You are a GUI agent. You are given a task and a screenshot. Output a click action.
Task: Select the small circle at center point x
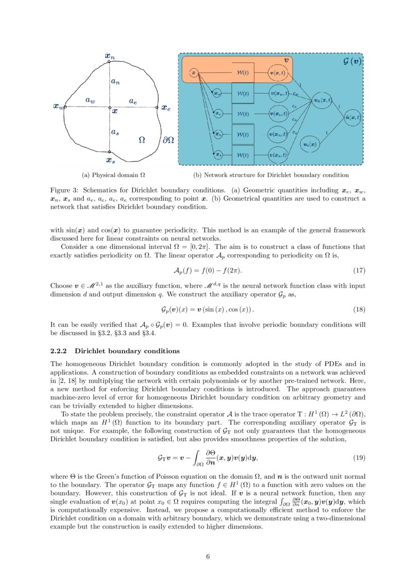tap(109, 107)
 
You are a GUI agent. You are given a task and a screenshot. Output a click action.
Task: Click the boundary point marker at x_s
tap(109, 152)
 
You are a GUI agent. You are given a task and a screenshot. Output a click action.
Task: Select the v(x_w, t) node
tap(278, 93)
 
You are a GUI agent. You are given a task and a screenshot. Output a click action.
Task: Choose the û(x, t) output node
tap(353, 117)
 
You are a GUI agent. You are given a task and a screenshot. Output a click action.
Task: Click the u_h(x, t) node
tap(322, 101)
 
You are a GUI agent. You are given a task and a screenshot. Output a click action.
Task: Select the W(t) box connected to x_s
tap(242, 155)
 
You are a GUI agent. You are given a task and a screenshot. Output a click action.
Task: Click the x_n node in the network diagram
tap(218, 134)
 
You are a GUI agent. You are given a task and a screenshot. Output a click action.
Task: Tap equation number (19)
tap(358, 458)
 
